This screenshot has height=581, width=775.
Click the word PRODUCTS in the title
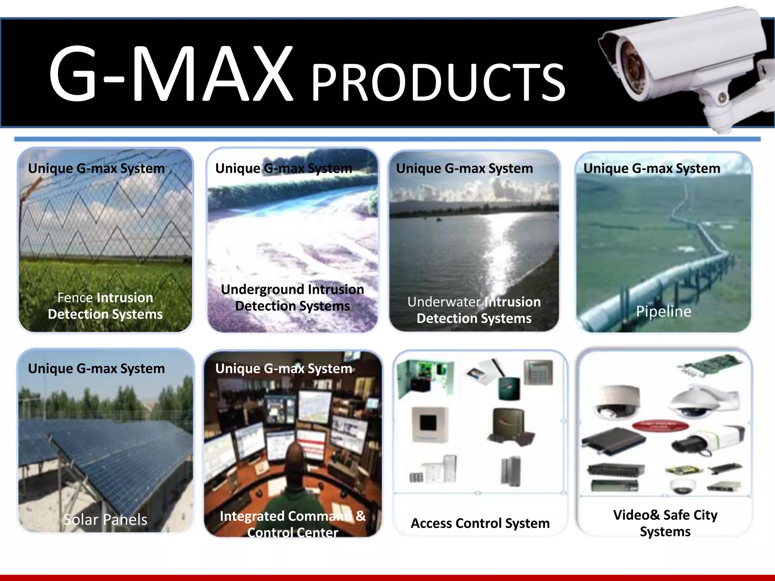coord(438,82)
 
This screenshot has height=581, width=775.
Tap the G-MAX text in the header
coord(170,74)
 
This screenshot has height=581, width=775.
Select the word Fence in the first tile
coord(75,298)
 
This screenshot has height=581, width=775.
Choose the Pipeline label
coord(663,311)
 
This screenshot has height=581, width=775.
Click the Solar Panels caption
coord(105,519)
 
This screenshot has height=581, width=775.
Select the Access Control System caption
coord(480,523)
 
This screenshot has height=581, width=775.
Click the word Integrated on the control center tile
coord(252,516)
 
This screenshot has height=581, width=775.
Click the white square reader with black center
coord(430,424)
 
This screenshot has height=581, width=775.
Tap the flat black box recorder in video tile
coord(613,441)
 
